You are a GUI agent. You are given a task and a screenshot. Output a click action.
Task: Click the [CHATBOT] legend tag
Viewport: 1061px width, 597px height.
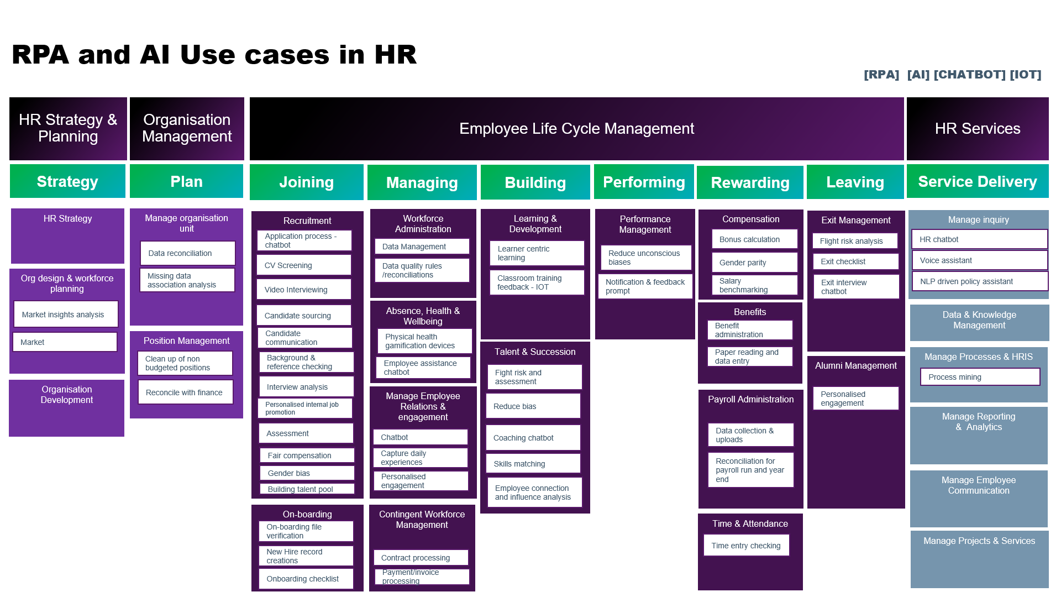(x=969, y=75)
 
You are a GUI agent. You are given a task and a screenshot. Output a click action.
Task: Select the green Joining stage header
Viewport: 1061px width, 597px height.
(x=306, y=182)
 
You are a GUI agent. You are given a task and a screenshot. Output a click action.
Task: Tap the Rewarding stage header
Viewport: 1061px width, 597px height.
(x=750, y=182)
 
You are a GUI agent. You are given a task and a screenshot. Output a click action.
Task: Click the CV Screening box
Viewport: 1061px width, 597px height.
(x=304, y=265)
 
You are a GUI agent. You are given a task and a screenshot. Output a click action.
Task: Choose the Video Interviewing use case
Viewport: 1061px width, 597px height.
(x=304, y=290)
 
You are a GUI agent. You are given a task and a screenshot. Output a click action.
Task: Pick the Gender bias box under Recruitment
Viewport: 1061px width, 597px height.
(x=307, y=473)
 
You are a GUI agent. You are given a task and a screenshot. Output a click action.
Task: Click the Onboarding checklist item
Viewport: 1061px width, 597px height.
(x=306, y=579)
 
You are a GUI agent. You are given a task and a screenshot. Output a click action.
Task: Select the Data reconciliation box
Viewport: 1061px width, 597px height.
(x=187, y=253)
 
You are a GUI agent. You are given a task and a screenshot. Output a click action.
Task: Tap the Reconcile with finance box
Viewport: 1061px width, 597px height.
(x=185, y=392)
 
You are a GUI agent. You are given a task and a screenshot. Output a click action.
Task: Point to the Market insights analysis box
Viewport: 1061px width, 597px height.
(x=66, y=315)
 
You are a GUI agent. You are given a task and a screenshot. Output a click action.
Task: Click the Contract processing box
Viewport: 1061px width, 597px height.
(x=421, y=558)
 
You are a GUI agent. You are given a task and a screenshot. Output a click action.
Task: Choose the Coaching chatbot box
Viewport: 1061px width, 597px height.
(x=533, y=438)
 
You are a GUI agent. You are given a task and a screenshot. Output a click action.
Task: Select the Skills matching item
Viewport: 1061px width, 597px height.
(x=533, y=464)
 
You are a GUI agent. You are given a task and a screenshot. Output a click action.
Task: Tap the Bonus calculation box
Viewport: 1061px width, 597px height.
(x=755, y=239)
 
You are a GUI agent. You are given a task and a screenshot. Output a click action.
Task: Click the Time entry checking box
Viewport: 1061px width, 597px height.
(x=746, y=546)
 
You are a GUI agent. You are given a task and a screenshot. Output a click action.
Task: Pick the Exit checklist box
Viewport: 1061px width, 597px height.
(x=855, y=261)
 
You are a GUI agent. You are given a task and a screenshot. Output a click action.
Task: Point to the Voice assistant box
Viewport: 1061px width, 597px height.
(x=979, y=260)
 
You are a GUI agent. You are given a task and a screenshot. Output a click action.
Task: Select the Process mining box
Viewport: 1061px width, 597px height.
(x=980, y=377)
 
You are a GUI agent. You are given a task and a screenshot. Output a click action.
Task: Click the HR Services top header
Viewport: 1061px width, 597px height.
(x=977, y=129)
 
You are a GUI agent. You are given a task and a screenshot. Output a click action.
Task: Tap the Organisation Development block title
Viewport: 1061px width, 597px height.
(x=67, y=395)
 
